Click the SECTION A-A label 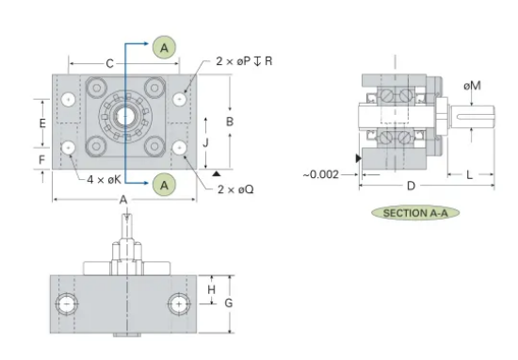point(415,213)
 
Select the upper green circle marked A point(164,48)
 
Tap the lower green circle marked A point(164,185)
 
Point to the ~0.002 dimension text point(321,174)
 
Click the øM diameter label point(472,86)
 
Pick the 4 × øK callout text point(104,180)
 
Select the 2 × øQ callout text point(235,189)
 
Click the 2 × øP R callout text point(244,61)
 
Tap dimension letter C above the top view point(109,63)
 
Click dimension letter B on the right point(230,122)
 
